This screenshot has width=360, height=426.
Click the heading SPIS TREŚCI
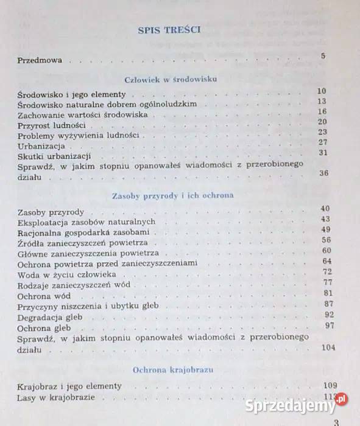pos(170,29)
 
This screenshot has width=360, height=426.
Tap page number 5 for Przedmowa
pos(323,57)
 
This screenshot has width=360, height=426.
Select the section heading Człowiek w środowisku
pos(170,79)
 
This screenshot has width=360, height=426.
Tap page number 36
pos(323,173)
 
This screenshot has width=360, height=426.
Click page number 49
pos(325,229)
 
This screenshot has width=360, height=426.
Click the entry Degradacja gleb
pos(50,317)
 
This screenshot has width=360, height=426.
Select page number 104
pos(329,347)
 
